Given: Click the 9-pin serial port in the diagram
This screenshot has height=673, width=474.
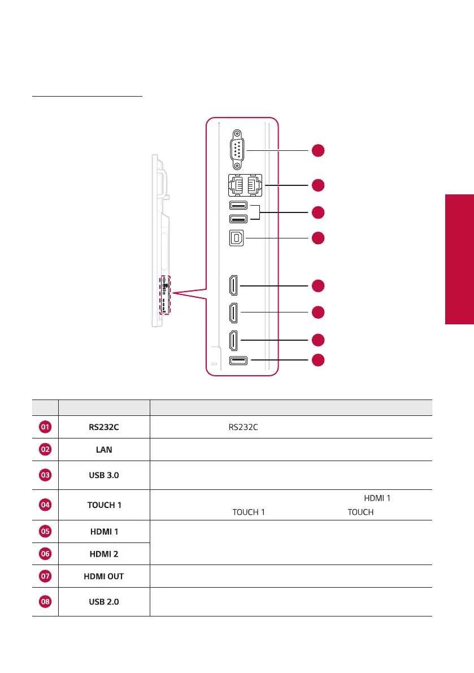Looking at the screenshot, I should (237, 150).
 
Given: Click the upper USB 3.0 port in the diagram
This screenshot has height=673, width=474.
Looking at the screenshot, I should (237, 206).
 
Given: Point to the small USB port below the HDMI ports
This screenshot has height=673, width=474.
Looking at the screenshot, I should (237, 360).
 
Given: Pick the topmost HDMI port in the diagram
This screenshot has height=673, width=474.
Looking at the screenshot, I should (233, 286).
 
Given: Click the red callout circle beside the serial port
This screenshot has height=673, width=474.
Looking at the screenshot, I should (318, 150).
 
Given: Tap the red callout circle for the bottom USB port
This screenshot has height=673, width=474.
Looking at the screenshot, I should (318, 360).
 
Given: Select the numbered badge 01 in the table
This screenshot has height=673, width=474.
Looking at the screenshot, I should (45, 427).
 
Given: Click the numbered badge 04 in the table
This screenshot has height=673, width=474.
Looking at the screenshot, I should (45, 505).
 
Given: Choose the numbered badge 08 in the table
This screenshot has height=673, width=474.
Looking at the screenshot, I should (45, 602).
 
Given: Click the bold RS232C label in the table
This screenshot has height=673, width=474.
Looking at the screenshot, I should (104, 427).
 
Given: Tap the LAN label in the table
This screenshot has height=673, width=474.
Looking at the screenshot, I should (104, 449).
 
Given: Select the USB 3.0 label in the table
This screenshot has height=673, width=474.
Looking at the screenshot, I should (104, 475).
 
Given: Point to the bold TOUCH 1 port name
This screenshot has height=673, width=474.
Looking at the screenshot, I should (104, 505).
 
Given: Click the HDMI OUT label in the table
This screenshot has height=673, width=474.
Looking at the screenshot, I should (104, 576).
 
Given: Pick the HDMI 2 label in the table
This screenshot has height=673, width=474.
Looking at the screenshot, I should (104, 554).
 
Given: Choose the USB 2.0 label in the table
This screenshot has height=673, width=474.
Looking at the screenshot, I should (104, 602).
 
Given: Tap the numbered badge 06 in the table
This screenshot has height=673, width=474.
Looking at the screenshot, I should (45, 554).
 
